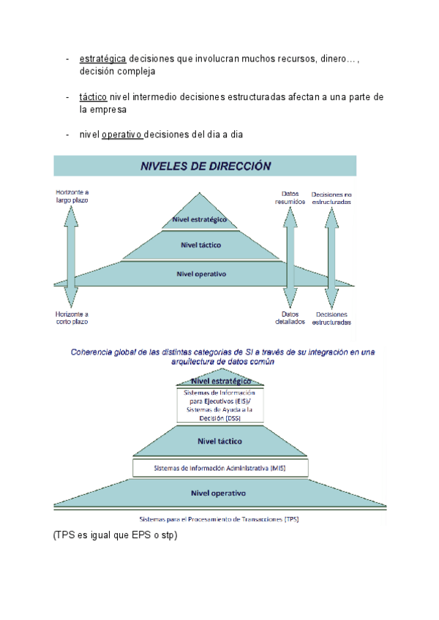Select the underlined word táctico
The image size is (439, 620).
(93, 97)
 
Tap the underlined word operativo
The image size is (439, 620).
(121, 135)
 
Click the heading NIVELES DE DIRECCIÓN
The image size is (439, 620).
(206, 166)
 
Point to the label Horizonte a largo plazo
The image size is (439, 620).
(72, 196)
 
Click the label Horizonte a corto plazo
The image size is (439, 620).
(72, 317)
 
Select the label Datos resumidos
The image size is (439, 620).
(290, 197)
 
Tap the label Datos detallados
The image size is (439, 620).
(290, 317)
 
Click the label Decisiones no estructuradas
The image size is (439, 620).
(331, 197)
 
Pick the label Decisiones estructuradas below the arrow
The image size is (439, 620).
(331, 317)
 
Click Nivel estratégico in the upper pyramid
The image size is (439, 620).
(200, 219)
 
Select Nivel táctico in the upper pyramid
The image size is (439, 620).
(200, 245)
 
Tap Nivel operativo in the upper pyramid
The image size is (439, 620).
(201, 274)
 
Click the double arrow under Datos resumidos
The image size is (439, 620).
(290, 256)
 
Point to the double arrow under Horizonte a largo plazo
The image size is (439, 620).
(71, 256)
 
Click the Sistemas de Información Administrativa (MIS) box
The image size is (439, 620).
(220, 467)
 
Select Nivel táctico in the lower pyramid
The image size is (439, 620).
(219, 441)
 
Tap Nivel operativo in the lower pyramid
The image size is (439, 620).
(218, 493)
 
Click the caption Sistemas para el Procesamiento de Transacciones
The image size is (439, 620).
(219, 519)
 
